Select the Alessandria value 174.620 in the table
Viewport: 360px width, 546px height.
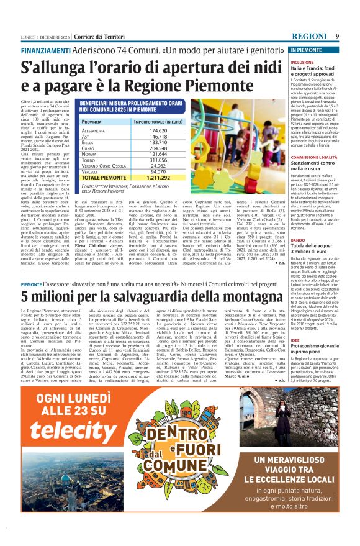(158, 131)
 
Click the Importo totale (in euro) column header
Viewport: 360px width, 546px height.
(158, 122)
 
